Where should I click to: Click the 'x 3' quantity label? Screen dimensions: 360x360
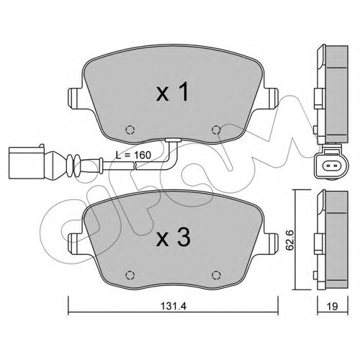[x=173, y=238]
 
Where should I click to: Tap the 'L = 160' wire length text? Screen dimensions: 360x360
[x=133, y=155]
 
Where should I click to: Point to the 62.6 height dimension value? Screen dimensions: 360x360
[x=290, y=240]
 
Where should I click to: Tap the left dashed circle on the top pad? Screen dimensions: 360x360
[x=130, y=130]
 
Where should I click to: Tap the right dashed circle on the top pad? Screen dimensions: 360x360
[x=216, y=130]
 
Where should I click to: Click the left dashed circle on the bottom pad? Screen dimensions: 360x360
[x=130, y=275]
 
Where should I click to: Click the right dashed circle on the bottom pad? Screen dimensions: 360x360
[x=216, y=275]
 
